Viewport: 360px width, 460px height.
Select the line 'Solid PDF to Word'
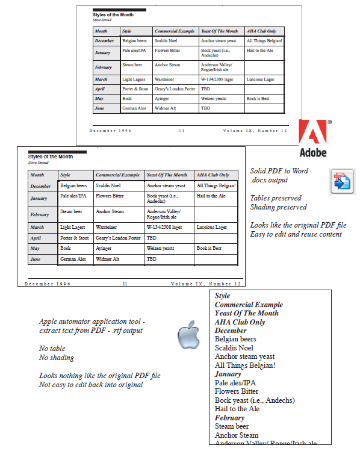coord(279,171)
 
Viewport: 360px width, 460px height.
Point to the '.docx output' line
coord(268,180)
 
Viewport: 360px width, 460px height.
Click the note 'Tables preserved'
coord(276,198)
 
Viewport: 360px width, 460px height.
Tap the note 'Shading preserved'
coord(278,207)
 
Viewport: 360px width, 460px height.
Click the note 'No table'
coord(52,349)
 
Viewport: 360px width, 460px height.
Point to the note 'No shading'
coord(57,358)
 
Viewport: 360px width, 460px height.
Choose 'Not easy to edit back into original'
coord(91,385)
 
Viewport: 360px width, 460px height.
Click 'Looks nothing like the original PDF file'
coord(100,376)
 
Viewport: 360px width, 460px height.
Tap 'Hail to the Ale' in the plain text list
coord(237,409)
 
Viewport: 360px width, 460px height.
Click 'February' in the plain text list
coord(229,418)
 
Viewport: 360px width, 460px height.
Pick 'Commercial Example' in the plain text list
coord(249,305)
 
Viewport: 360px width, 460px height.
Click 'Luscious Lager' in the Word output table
coord(211,228)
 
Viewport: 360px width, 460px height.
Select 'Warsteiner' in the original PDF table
coord(164,79)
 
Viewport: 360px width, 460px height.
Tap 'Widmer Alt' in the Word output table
coord(107,259)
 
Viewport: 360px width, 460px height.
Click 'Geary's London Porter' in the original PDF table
coord(175,89)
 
